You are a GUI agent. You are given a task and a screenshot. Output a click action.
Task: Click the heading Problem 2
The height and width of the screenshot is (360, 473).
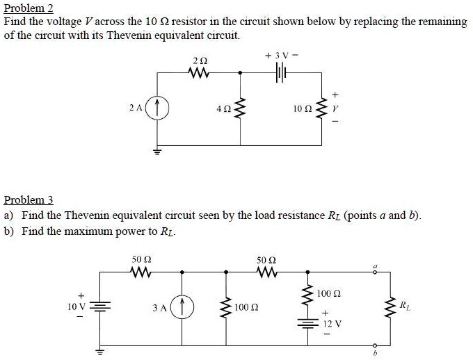point(29,8)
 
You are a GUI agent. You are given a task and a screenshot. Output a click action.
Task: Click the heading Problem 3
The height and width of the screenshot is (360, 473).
point(29,200)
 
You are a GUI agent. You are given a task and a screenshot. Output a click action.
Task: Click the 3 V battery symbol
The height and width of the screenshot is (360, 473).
point(281,72)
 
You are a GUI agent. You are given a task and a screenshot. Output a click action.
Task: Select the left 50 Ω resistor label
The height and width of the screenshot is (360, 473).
point(142,260)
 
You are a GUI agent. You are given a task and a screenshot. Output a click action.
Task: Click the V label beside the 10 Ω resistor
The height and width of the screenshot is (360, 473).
point(336,109)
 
